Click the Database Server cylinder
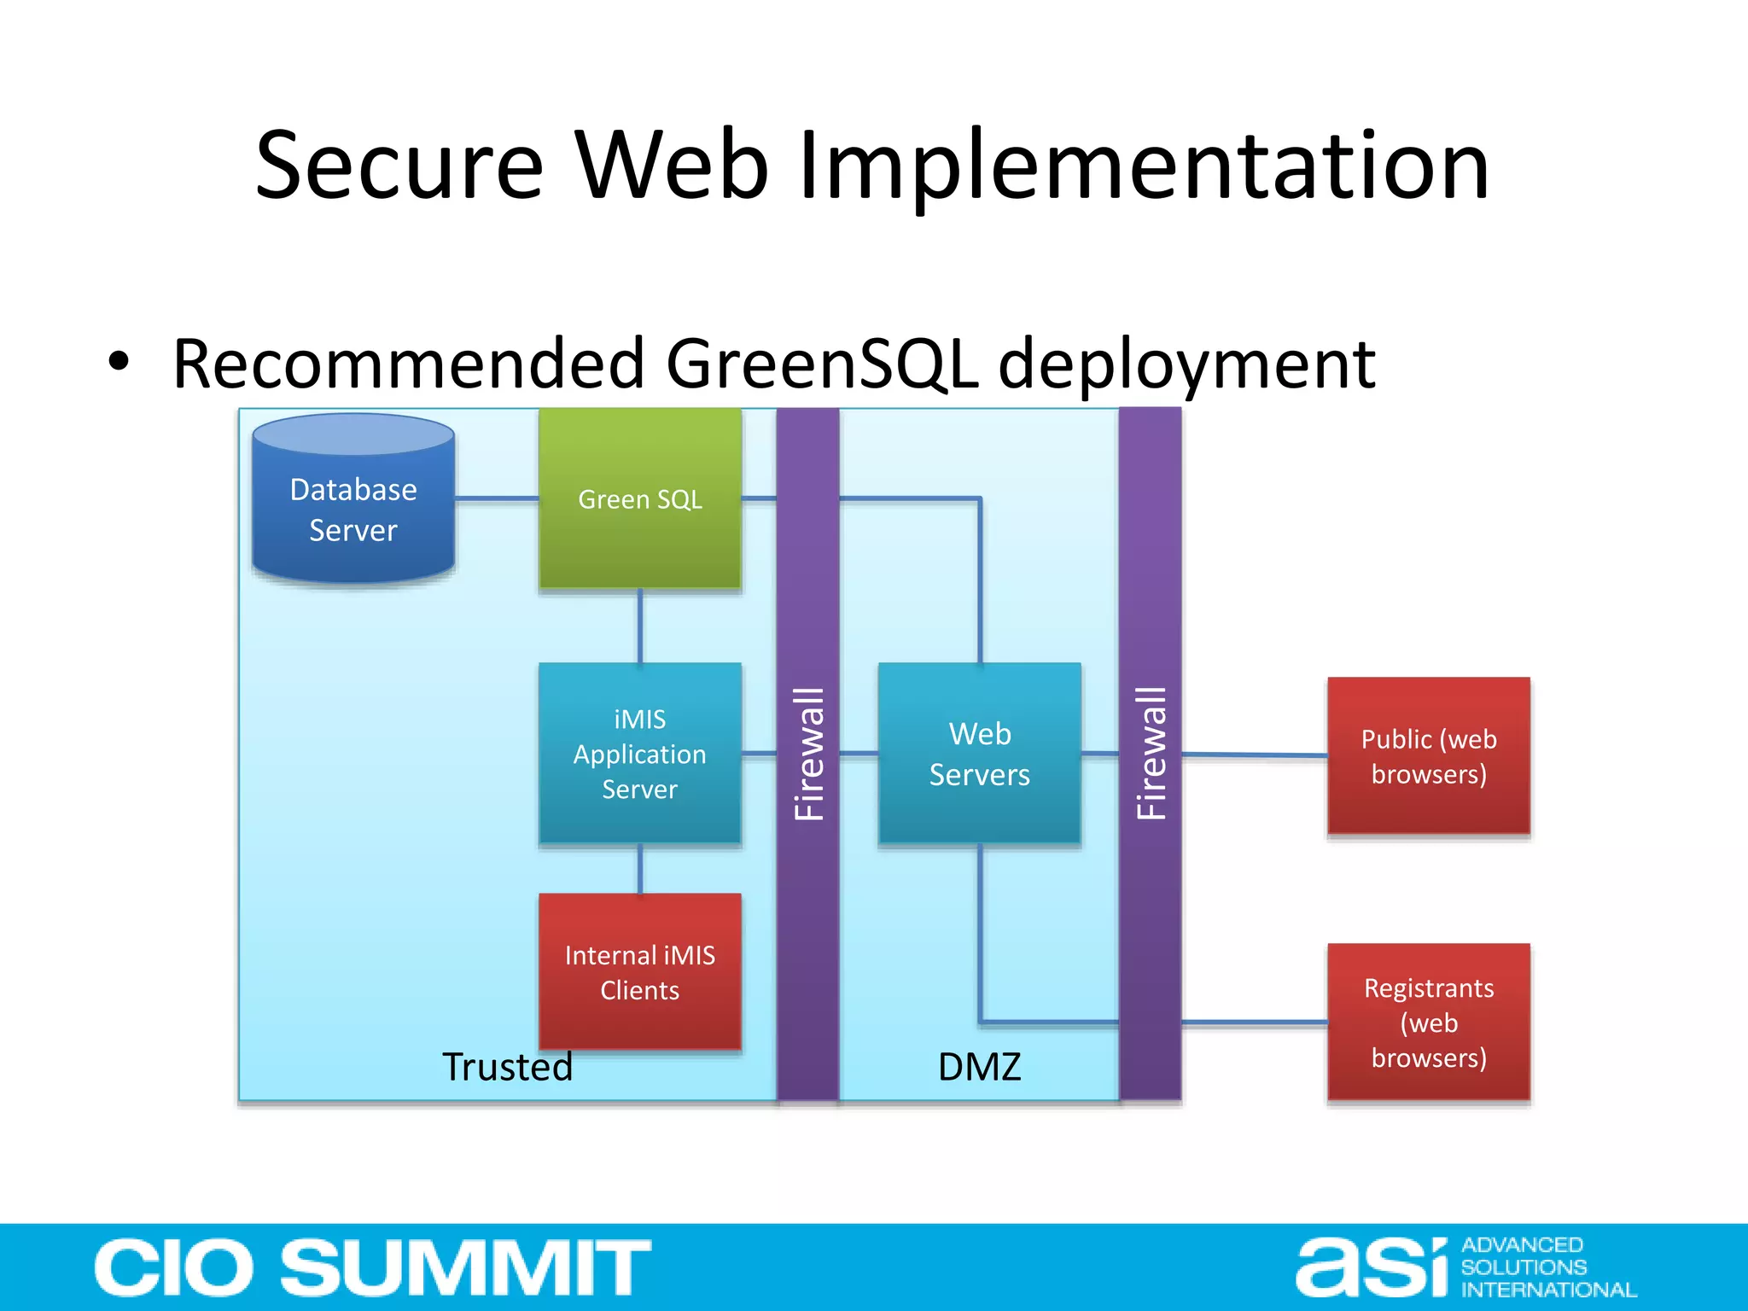point(353,504)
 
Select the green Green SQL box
point(639,499)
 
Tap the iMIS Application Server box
point(639,754)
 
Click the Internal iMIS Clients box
point(639,972)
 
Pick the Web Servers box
point(979,754)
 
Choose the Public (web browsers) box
point(1428,756)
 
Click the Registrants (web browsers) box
point(1428,1023)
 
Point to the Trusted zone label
point(507,1067)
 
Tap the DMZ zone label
point(979,1067)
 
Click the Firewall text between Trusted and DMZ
point(808,754)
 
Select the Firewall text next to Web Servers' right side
point(1151,754)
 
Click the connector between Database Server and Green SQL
point(496,498)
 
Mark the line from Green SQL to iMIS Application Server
point(640,626)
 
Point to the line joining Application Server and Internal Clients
point(640,869)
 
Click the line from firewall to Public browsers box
point(1254,755)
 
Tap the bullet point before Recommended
point(119,362)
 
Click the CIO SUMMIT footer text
point(372,1267)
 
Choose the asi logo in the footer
point(1372,1267)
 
